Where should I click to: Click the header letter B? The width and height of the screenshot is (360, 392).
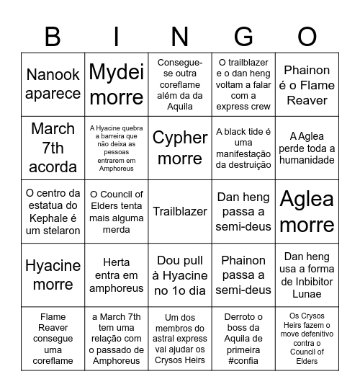coord(53,35)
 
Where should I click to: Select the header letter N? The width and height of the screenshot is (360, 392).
coord(179,35)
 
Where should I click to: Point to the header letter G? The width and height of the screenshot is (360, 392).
coord(243,35)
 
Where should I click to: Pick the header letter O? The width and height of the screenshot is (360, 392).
coord(307,35)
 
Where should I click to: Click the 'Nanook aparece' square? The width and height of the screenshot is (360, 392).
coord(53,84)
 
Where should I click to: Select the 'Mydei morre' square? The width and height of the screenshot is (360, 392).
coord(116,84)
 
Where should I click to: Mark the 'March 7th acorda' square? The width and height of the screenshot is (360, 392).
coord(53,148)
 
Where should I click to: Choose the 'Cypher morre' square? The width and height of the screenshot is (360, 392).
coord(179,148)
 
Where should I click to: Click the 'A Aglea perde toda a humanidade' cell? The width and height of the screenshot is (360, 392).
coord(307,148)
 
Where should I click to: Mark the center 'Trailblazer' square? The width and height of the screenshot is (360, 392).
coord(179,211)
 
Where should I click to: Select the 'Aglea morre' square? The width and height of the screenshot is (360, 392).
coord(307,211)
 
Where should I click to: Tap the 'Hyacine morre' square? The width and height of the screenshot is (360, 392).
coord(53,275)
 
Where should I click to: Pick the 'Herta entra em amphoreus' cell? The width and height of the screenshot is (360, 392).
coord(116,275)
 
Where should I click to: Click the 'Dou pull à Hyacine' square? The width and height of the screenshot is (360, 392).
coord(179,275)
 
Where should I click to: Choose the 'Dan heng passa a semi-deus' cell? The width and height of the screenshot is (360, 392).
coord(243,211)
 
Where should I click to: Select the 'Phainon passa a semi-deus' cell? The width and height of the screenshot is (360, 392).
coord(243,275)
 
